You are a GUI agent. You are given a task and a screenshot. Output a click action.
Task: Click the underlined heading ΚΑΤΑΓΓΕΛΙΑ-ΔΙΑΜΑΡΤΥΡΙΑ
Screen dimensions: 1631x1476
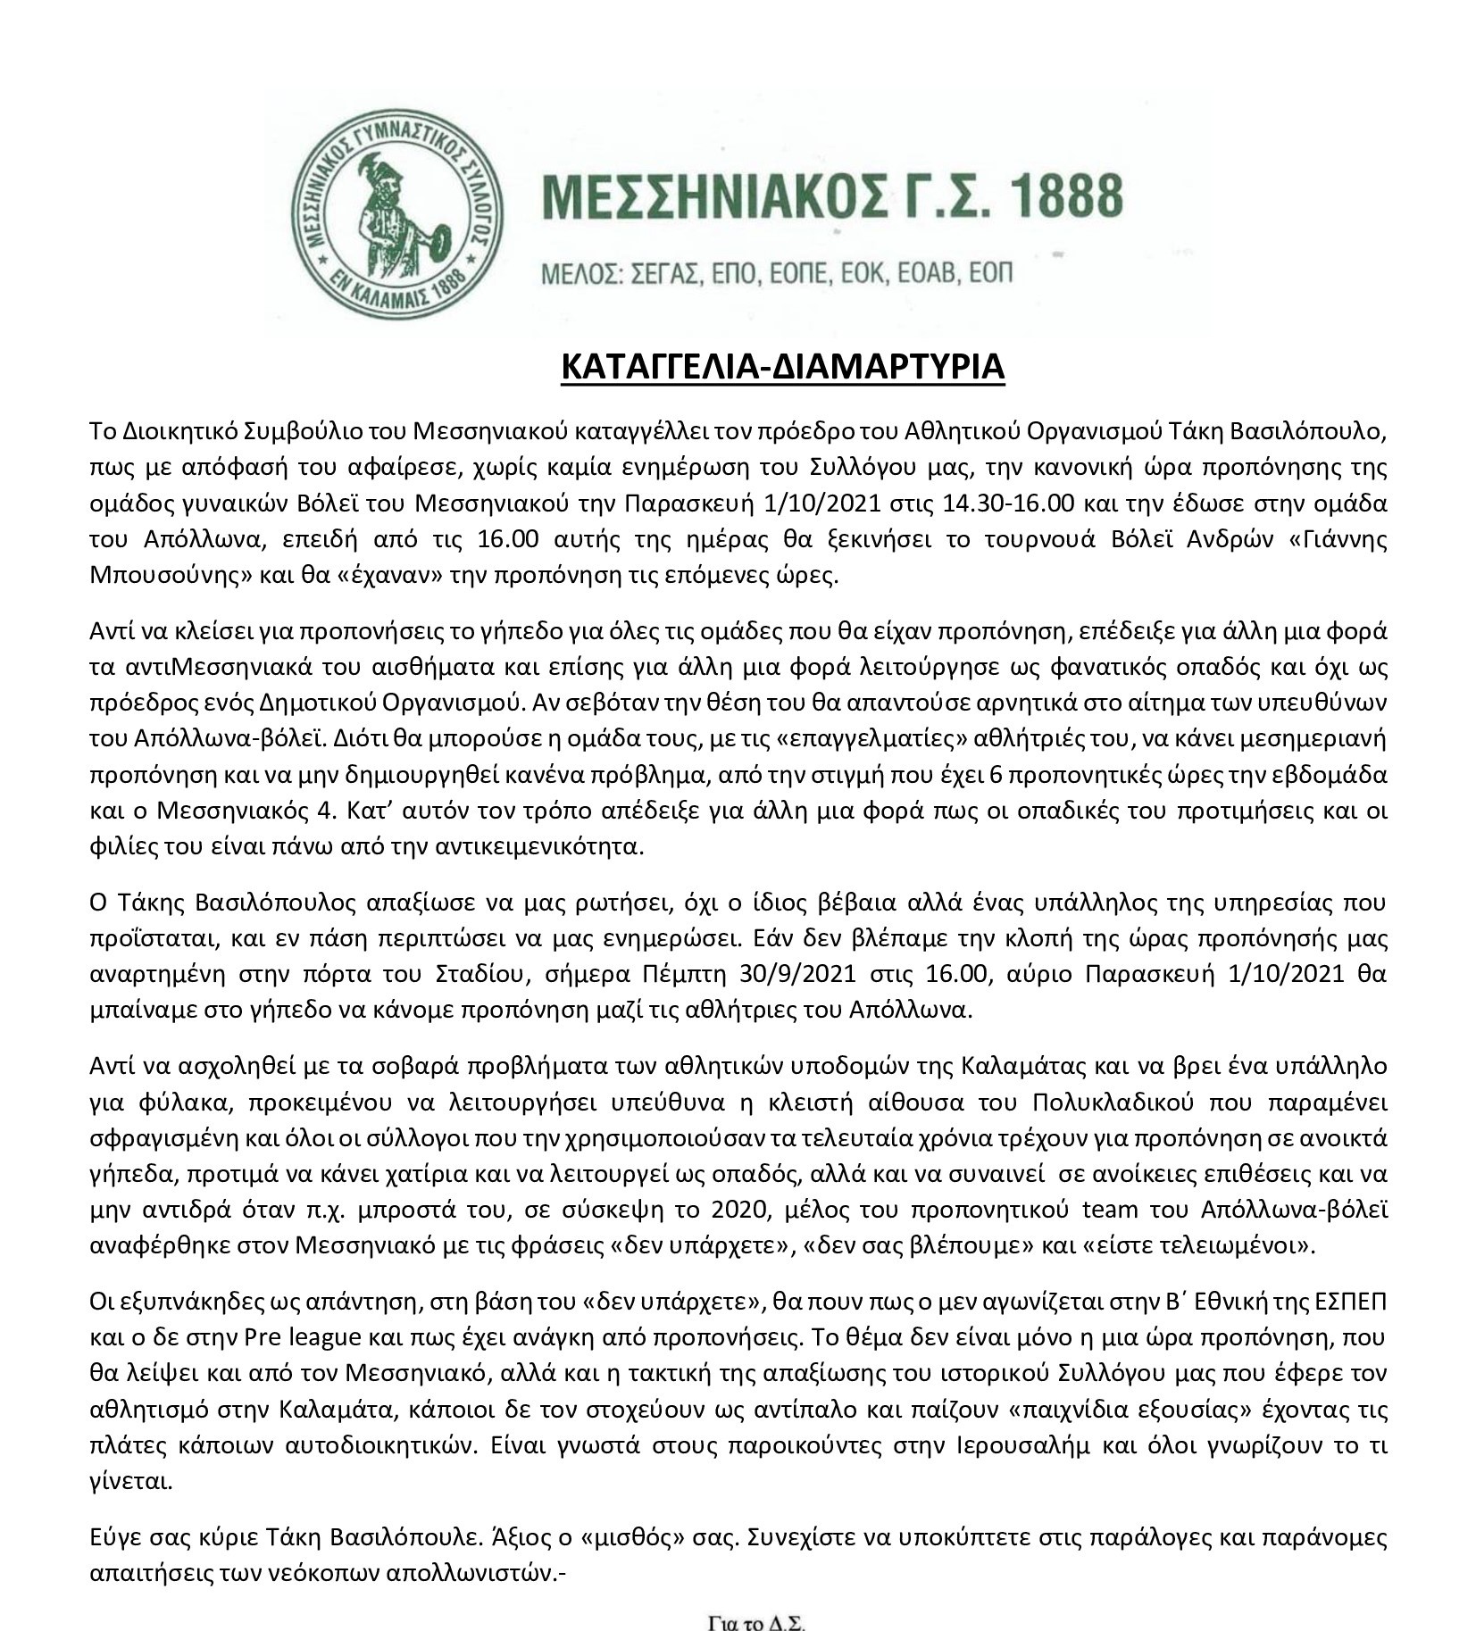[782, 369]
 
